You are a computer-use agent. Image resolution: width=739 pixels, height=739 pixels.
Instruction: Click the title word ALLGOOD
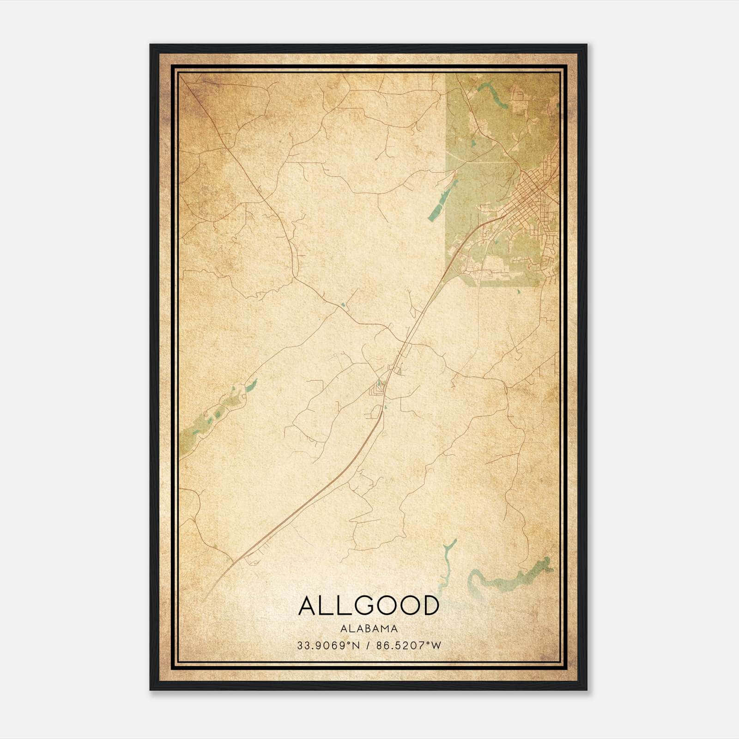(x=369, y=606)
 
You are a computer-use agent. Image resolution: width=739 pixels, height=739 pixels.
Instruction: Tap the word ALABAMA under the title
(x=369, y=629)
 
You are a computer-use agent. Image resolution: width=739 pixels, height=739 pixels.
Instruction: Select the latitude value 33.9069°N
(x=328, y=645)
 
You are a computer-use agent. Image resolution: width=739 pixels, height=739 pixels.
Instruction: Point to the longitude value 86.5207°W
(x=409, y=645)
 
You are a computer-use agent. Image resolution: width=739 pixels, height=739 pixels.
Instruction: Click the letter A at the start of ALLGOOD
(x=307, y=606)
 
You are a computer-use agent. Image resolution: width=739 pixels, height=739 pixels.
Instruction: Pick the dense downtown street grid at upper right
(x=531, y=189)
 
